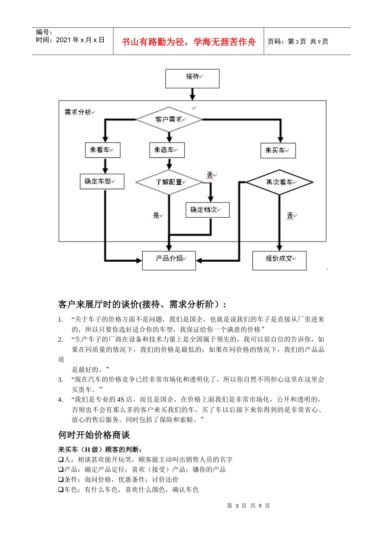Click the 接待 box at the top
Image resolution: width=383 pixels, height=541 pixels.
coord(192,78)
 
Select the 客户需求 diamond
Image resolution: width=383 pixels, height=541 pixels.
coord(169,120)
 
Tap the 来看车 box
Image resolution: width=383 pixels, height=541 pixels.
coord(102,150)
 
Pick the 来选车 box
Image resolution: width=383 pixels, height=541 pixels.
coord(167,150)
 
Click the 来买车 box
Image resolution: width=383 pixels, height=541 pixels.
coord(278,151)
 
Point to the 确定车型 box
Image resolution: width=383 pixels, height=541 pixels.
coord(102,182)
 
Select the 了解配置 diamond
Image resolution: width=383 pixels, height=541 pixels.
coord(169,182)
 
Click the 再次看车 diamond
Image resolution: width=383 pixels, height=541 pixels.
coord(279,182)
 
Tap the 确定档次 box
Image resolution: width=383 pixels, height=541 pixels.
coord(207,210)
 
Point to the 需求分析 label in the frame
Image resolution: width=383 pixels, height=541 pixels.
coord(78,112)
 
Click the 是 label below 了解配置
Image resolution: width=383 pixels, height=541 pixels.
coord(156,215)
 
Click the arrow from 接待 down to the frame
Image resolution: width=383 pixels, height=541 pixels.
coord(192,94)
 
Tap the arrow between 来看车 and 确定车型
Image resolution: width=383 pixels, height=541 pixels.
coord(105,165)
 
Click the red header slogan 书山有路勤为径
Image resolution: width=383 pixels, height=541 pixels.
coord(189,42)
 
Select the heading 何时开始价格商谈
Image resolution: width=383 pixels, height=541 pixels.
coord(94,435)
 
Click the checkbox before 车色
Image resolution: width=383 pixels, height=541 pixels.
coord(60,490)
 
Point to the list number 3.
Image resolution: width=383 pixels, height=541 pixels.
coord(60,380)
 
